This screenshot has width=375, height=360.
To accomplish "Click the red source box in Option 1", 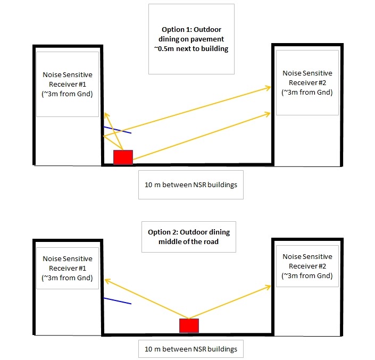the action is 123,157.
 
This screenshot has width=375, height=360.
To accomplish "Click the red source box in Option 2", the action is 189,325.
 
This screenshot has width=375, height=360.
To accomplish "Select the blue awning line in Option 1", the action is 118,130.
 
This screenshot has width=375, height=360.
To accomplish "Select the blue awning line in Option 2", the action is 118,301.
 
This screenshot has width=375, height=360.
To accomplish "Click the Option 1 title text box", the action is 191,39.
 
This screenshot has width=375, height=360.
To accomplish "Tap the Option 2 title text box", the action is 189,237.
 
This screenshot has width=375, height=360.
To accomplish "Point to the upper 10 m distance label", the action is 191,185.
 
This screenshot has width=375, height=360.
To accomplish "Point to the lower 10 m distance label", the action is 191,349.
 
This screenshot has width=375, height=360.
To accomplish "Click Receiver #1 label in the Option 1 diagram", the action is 68,84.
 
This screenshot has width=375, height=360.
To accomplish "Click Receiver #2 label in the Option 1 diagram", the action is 307,82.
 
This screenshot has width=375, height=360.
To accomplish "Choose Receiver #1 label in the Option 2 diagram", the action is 68,268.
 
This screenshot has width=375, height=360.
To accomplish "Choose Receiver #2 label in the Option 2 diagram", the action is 307,266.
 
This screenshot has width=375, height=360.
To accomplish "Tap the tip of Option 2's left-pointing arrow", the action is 105,279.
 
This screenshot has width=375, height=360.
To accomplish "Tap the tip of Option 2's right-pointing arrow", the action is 271,286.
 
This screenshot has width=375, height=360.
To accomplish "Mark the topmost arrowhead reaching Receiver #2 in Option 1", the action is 271,88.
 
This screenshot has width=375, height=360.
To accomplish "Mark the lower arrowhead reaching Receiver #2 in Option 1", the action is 271,113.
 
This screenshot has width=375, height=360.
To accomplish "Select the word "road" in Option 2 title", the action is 211,241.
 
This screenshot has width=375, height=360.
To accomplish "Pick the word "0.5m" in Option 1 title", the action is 166,48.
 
